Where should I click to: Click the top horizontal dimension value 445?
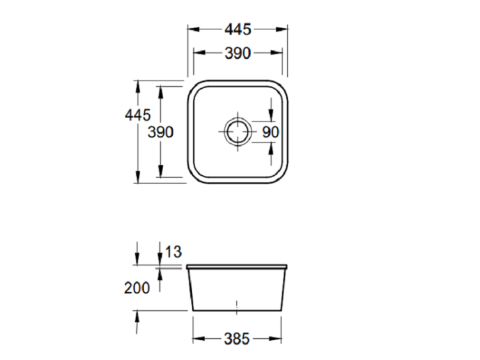coord(238,29)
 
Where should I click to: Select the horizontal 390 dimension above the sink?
coord(238,53)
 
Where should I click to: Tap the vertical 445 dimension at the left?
coord(138,115)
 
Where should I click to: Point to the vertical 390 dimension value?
coord(161,132)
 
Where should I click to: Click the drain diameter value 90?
coord(271,132)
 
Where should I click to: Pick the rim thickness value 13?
coord(173,252)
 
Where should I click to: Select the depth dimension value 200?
coord(137,288)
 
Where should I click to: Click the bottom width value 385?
coord(237,339)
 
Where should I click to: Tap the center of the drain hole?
coord(238,132)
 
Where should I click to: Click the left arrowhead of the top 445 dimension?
coord(193,29)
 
